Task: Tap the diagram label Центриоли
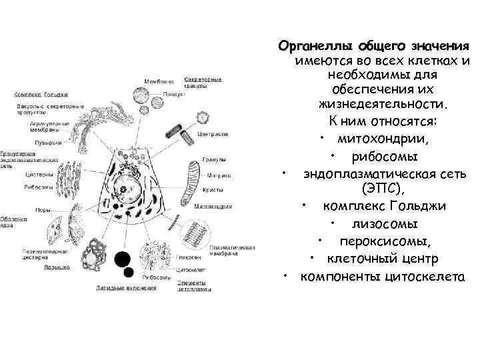pos(213,134)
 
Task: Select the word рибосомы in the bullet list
pos(384,157)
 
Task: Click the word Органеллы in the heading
pos(316,46)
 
